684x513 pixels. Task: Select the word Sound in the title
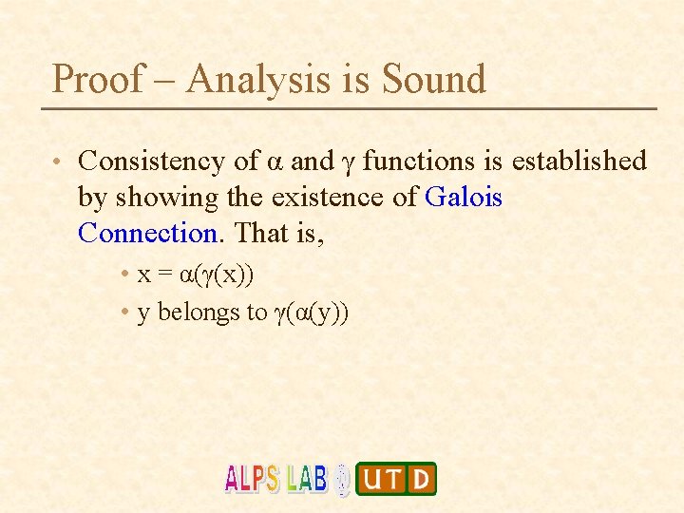point(433,79)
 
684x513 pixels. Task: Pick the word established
point(579,161)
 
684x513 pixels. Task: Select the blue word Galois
point(465,198)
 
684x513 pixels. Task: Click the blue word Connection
point(148,233)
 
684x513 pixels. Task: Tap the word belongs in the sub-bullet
point(195,313)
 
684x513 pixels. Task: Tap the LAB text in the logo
point(306,478)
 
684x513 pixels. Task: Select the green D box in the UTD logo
point(420,479)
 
